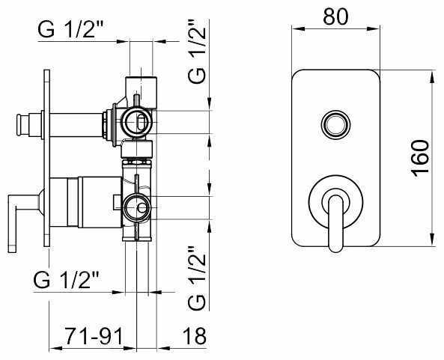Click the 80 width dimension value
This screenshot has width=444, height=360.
[335, 16]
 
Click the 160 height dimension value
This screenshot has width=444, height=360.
[420, 159]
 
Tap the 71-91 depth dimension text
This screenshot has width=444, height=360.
[94, 336]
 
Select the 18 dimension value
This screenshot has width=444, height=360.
[195, 336]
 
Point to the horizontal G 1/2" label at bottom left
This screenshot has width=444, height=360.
[67, 279]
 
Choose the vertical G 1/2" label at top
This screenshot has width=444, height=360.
[197, 51]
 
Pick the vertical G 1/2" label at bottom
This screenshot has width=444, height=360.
[197, 278]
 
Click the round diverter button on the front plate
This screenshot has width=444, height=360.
[335, 124]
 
